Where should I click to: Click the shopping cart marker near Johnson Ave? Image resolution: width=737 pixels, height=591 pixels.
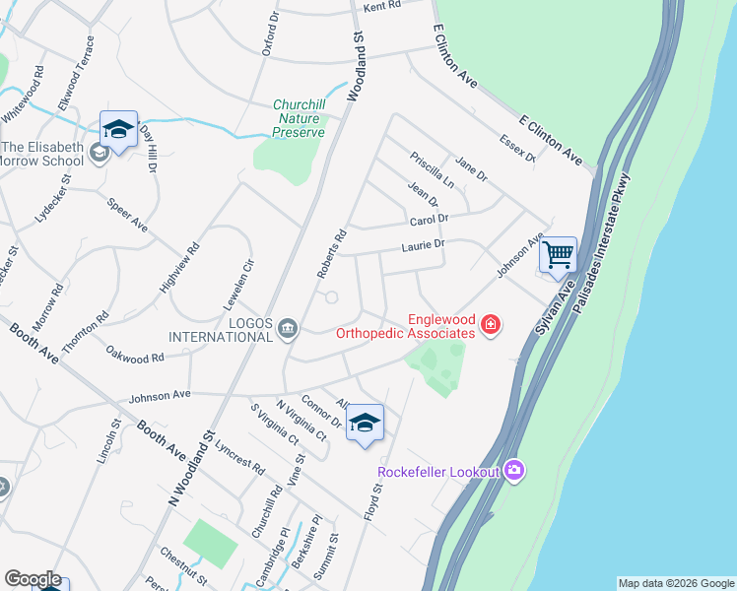[559, 255]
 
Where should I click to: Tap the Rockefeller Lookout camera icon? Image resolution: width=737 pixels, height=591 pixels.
[513, 471]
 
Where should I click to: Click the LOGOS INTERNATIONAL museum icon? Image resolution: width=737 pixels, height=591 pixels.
[288, 328]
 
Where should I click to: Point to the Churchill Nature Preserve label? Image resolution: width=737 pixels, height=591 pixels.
[299, 118]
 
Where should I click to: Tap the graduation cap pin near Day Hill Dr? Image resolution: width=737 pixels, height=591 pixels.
[118, 130]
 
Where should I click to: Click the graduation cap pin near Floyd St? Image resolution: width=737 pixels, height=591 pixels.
[365, 424]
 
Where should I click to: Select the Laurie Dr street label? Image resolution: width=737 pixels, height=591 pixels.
[424, 244]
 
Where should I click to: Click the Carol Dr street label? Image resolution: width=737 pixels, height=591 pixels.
[429, 220]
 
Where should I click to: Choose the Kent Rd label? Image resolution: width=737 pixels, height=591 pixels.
[382, 7]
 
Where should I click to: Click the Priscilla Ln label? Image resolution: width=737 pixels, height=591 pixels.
[433, 169]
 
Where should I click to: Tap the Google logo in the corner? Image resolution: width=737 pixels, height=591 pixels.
[32, 579]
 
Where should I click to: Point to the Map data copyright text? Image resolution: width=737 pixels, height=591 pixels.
[676, 583]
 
